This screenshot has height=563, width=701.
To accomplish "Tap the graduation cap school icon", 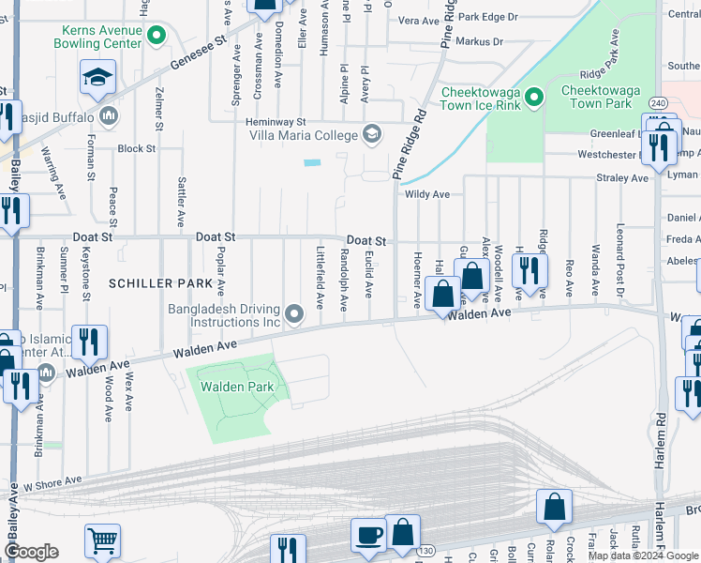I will (x=97, y=79).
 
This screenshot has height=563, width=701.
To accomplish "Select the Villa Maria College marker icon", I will (x=372, y=133).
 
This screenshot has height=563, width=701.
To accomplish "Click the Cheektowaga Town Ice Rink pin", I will (x=534, y=97).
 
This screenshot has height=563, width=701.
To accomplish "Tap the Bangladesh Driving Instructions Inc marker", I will (x=294, y=314).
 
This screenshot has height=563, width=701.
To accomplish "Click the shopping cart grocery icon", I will (x=102, y=541).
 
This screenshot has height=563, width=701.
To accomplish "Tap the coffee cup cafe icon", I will (x=368, y=535).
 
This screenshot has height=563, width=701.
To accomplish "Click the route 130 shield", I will (x=426, y=550).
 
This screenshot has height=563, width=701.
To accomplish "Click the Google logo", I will (x=31, y=552).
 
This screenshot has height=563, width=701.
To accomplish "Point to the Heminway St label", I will (x=276, y=122).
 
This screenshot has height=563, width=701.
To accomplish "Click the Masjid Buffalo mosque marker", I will (x=108, y=116).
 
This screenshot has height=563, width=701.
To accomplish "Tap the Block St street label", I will (x=136, y=148).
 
